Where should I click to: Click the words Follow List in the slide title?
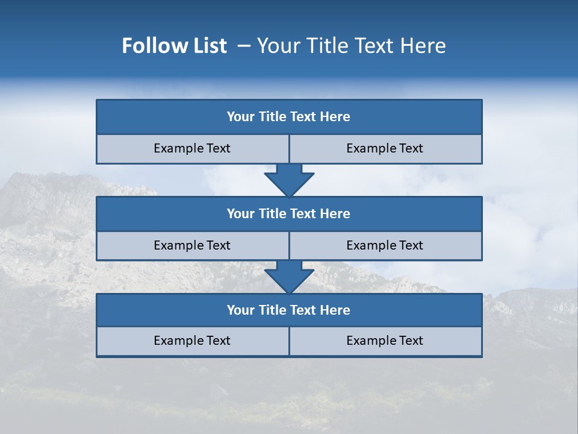[175, 46]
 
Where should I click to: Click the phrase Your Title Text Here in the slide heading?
[352, 46]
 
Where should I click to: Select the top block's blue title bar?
[289, 117]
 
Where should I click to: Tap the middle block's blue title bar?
[289, 214]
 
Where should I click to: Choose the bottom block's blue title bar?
[289, 310]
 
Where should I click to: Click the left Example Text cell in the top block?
[192, 149]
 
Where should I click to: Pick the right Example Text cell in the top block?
[385, 149]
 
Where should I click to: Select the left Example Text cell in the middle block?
[192, 246]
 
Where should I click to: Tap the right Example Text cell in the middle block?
[385, 246]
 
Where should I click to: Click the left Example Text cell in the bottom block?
[192, 341]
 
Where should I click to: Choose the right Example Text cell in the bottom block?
[385, 341]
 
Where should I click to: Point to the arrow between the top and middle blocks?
[289, 180]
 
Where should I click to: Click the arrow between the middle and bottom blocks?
[289, 277]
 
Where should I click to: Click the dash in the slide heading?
[244, 46]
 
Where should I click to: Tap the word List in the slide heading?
[210, 46]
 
